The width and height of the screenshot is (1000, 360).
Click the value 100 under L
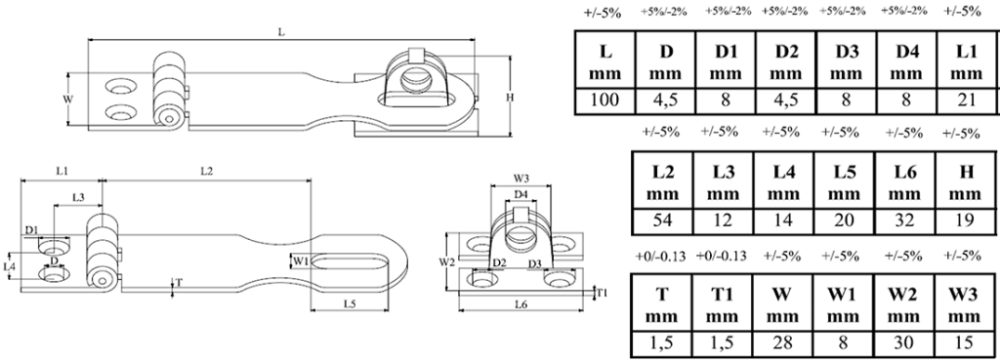(x=605, y=101)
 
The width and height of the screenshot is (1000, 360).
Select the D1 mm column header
(x=726, y=62)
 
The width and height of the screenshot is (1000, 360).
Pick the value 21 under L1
(x=966, y=101)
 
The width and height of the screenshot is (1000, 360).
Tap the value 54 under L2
(x=663, y=220)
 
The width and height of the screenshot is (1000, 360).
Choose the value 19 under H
(x=965, y=220)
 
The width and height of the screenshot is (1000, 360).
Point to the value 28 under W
(x=783, y=343)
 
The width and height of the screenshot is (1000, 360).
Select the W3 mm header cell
(x=964, y=304)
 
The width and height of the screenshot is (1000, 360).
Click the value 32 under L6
(x=904, y=220)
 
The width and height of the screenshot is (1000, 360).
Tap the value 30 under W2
(x=904, y=343)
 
